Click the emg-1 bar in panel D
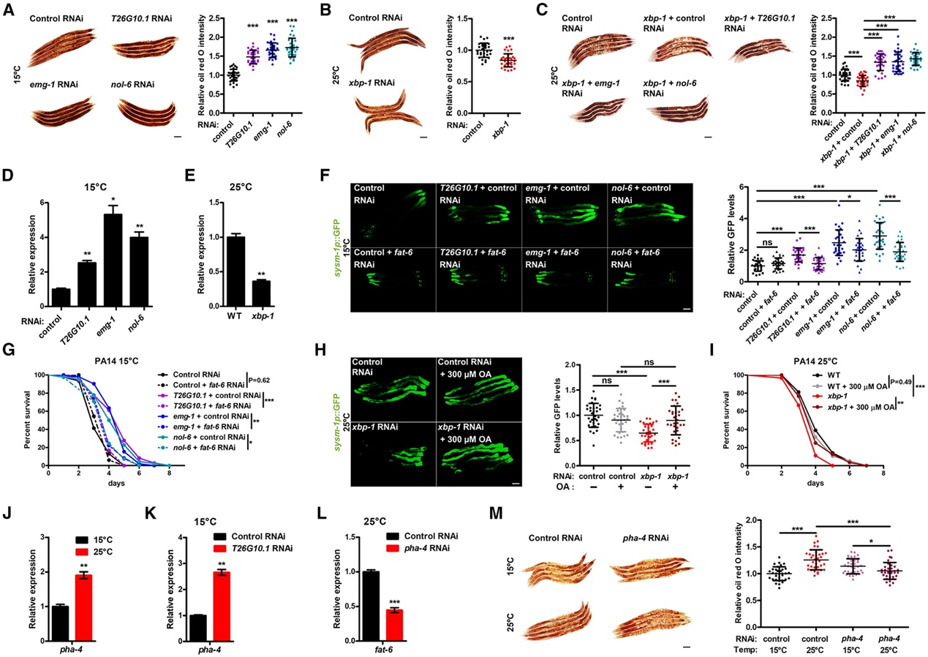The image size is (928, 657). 113,257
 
